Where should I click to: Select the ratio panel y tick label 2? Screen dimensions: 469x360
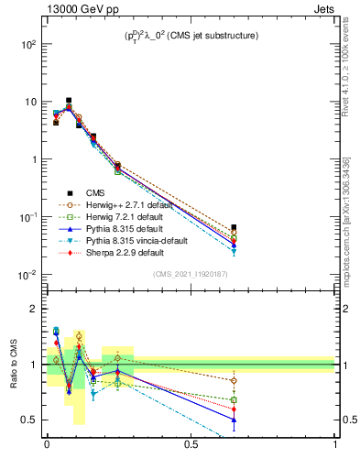(35, 309)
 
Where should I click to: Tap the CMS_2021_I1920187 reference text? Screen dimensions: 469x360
(190, 275)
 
